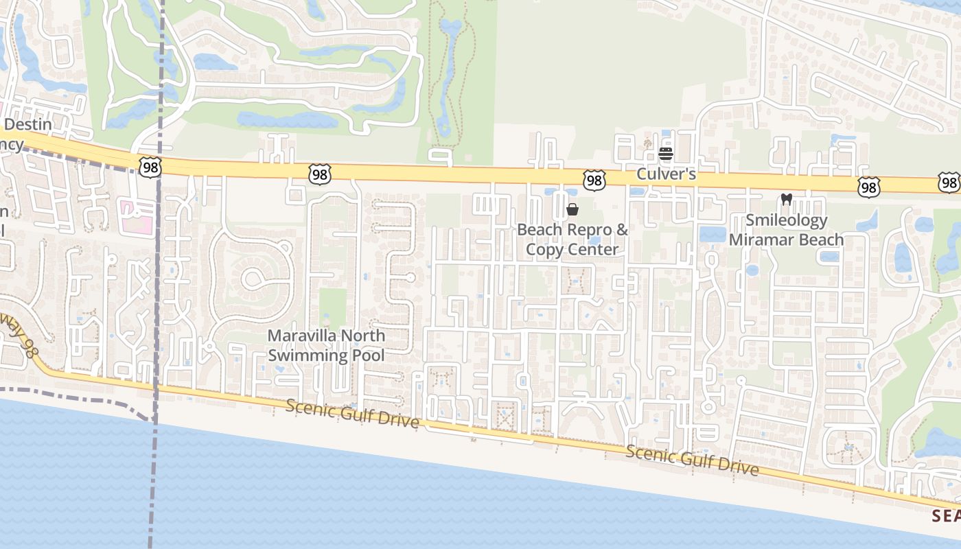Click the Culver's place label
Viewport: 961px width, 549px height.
coord(666,174)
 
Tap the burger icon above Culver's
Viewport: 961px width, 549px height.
coord(665,153)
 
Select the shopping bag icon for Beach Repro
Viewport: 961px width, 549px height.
coord(572,209)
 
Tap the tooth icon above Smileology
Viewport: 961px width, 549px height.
coord(787,200)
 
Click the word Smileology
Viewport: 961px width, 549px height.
coord(786,220)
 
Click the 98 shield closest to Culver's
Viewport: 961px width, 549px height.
coord(594,180)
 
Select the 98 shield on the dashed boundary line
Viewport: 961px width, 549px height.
coord(149,166)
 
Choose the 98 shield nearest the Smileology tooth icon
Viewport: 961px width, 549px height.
coord(868,187)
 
